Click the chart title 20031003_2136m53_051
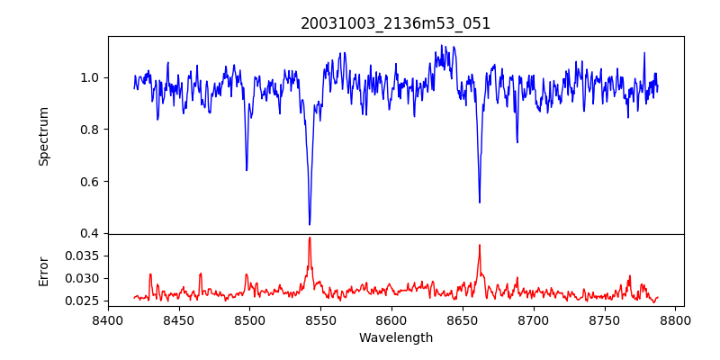coord(395,23)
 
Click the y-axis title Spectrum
coord(43,136)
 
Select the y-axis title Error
coord(43,270)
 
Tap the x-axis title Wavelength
coord(395,338)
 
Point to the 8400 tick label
coord(108,319)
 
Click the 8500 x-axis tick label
coord(249,319)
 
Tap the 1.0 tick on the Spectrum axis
coord(88,77)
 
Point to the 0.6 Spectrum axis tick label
coord(88,182)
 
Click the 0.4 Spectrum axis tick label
coord(88,234)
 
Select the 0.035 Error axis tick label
coord(80,256)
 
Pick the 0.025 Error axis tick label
coord(80,301)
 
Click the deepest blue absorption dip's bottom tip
coord(310,224)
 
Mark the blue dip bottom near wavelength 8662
coord(480,202)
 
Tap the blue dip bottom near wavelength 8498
coord(247,170)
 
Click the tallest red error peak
coord(310,238)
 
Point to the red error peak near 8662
coord(480,245)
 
